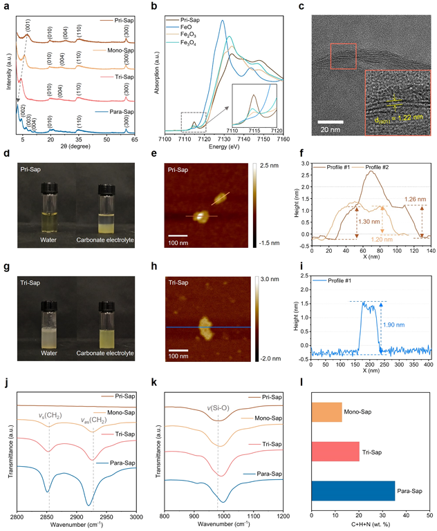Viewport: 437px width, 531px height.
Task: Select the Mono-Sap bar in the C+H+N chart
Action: [x=326, y=412]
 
